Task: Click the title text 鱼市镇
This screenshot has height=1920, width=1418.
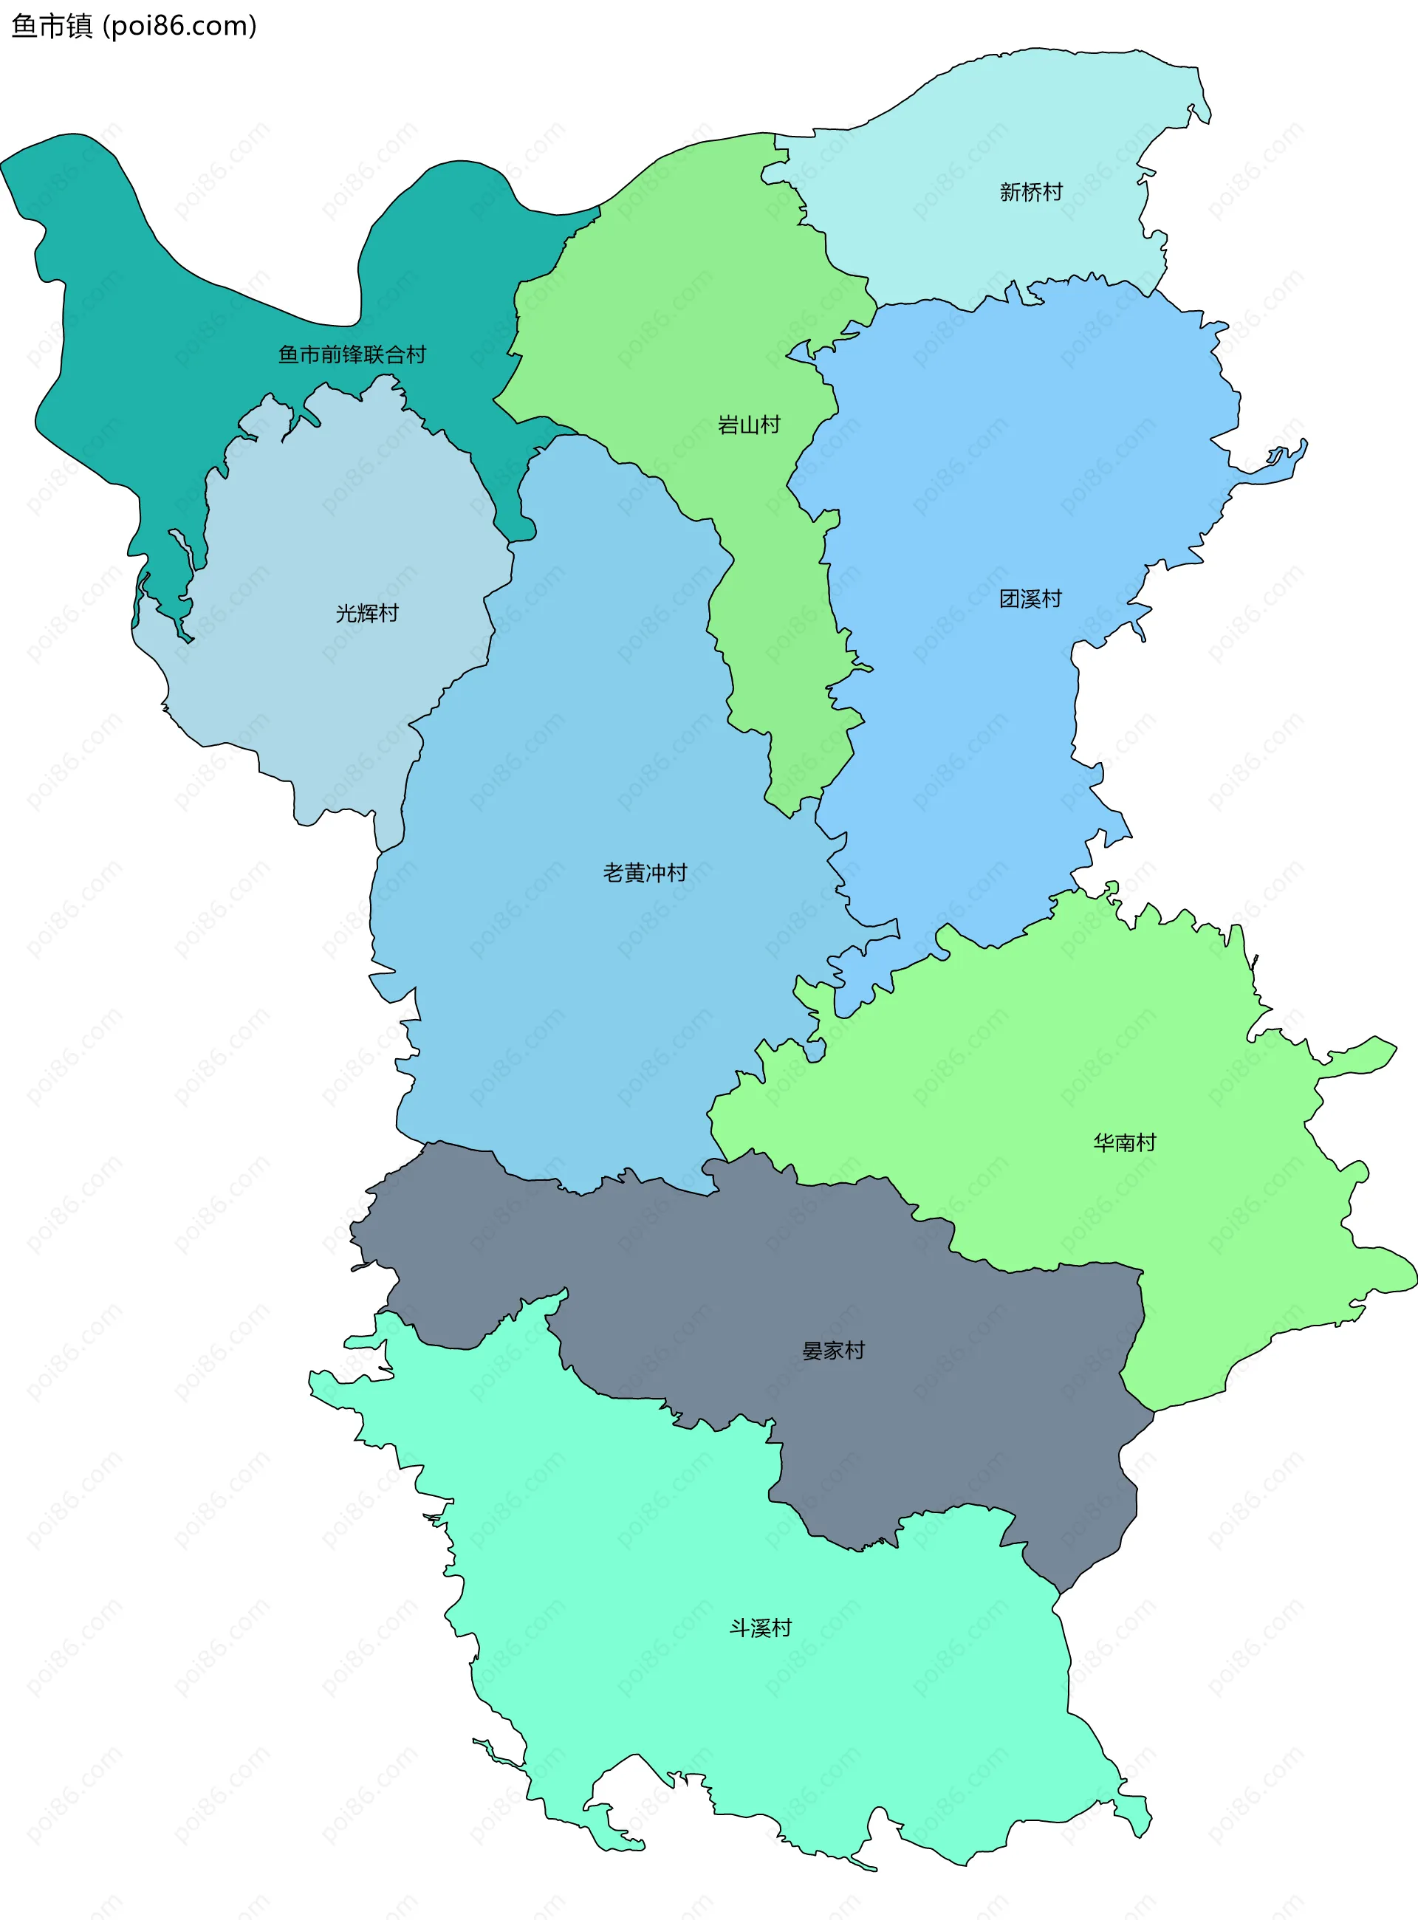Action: [52, 27]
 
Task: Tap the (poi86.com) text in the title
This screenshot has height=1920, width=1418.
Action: [179, 27]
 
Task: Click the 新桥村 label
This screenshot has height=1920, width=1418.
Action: [1031, 192]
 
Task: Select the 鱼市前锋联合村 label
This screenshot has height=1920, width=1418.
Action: [352, 354]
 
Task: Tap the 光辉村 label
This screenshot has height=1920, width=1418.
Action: [366, 613]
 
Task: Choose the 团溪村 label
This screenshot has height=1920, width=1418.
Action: [1030, 599]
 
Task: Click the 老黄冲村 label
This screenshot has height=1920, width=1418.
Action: [645, 873]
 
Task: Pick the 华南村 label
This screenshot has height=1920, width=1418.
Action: [1125, 1142]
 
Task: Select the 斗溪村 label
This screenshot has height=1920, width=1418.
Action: [760, 1628]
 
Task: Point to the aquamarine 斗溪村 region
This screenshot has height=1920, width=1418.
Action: [773, 1717]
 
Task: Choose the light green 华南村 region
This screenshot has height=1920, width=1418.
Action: [1073, 1073]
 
